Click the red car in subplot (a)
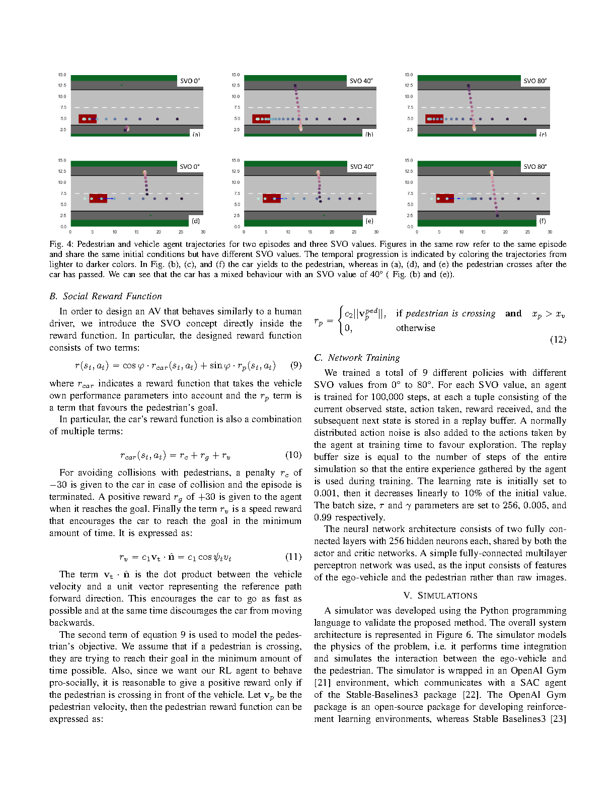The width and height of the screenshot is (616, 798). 87,119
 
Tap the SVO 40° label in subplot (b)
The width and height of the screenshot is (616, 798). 361,81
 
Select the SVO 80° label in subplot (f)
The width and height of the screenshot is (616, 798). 535,167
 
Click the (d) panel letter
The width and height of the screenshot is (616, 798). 196,221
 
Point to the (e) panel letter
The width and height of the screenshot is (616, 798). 369,221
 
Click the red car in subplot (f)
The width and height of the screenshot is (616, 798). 445,198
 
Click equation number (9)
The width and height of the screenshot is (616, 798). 296,365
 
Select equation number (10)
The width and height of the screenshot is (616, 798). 293,455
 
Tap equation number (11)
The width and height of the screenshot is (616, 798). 293,557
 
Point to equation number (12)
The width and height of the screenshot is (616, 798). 558,340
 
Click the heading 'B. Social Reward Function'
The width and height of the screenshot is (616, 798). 106,296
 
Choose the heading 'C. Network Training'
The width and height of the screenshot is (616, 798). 357,358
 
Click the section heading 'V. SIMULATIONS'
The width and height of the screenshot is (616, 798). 440,595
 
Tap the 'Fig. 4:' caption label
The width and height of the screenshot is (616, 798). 61,244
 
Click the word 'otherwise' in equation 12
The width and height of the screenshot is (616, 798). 415,328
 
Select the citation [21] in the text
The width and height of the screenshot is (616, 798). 322,683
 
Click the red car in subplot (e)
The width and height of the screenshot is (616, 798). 271,198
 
